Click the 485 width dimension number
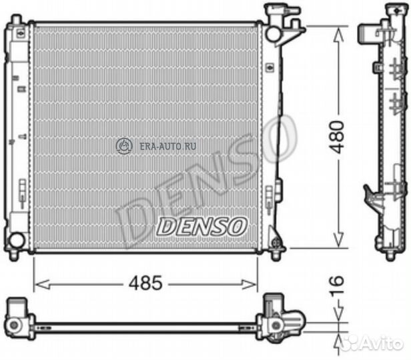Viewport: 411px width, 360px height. (x=145, y=283)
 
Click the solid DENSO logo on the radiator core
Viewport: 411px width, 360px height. (x=201, y=226)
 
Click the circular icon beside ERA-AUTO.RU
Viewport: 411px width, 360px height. (x=124, y=145)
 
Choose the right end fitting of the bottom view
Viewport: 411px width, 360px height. (x=280, y=319)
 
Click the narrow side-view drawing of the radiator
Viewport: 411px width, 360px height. (x=388, y=133)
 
